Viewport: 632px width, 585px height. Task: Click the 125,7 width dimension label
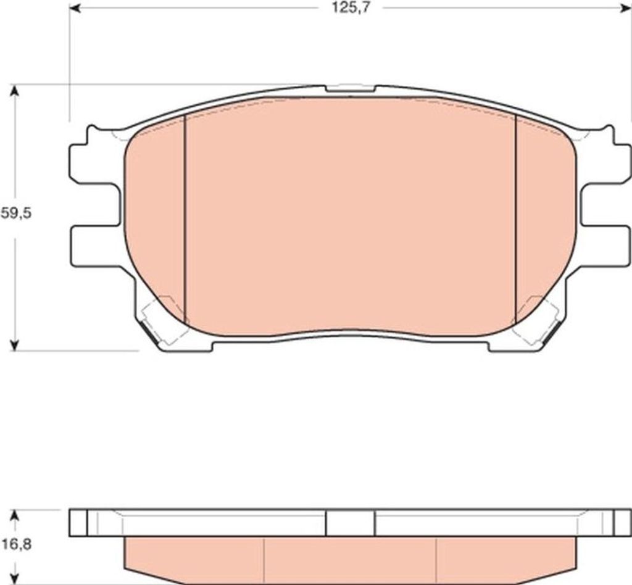pyautogui.click(x=351, y=8)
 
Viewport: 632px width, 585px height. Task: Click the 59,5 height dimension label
pyautogui.click(x=15, y=213)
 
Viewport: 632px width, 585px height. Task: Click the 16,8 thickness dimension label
pyautogui.click(x=16, y=545)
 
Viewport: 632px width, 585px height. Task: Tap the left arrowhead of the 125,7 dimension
pyautogui.click(x=75, y=8)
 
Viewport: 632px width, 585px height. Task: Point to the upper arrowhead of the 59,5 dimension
pyautogui.click(x=15, y=91)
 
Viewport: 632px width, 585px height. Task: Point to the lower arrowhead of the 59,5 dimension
pyautogui.click(x=15, y=344)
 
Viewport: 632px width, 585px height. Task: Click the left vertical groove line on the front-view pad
pyautogui.click(x=185, y=220)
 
